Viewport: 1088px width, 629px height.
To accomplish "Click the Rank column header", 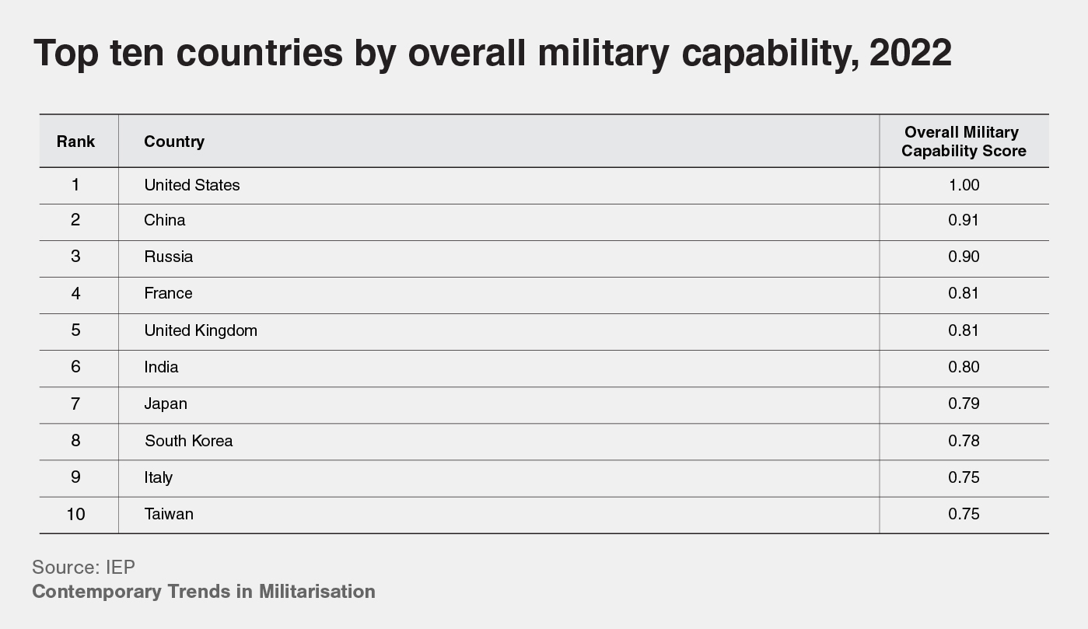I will tap(75, 142).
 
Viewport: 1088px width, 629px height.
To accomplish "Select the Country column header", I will tap(174, 142).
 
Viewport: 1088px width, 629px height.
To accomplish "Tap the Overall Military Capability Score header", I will tap(964, 142).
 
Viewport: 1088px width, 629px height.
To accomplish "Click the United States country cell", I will tap(192, 185).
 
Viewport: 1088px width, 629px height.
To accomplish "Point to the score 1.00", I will tap(964, 185).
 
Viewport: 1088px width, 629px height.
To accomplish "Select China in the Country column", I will tap(165, 220).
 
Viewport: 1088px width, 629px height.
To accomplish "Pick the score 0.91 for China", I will tap(964, 220).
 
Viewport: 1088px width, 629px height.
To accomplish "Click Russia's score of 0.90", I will tap(964, 257).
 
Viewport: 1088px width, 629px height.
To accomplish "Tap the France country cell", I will tap(168, 293).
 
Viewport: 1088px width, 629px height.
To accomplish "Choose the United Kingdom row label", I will tap(201, 330).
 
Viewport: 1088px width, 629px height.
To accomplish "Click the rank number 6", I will tap(75, 367).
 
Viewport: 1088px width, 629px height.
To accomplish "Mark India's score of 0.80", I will tap(964, 367).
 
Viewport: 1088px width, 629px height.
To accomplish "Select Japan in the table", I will tap(166, 404).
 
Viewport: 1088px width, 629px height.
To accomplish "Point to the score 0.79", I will tap(964, 404).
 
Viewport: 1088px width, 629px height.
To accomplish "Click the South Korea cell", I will tap(188, 441).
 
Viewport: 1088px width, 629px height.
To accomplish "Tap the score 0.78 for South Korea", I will tap(964, 441).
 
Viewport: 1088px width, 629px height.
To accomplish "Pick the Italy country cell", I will tap(159, 477).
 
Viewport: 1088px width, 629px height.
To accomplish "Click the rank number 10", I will tap(75, 514).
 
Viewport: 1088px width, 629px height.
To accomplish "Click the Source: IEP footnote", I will tap(83, 566).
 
